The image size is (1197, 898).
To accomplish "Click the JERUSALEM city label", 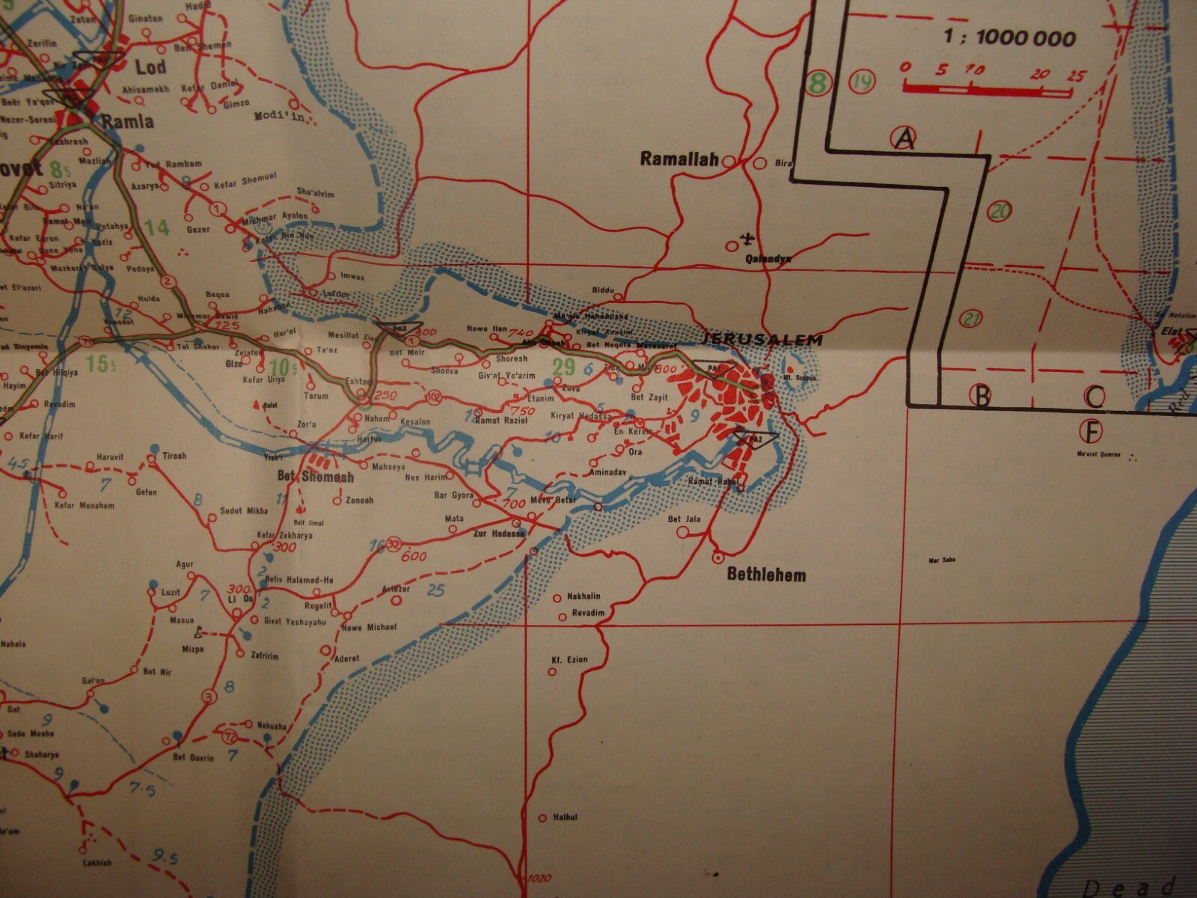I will (x=762, y=340).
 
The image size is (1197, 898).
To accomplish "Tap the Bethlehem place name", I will (x=767, y=575).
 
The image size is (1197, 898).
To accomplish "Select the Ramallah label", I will (x=679, y=159).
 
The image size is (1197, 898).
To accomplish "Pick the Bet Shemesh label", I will (x=327, y=477).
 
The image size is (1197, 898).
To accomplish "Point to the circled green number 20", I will (x=999, y=211).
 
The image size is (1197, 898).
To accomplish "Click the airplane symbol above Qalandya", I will (x=745, y=240).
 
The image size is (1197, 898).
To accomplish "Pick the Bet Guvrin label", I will (x=194, y=758).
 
